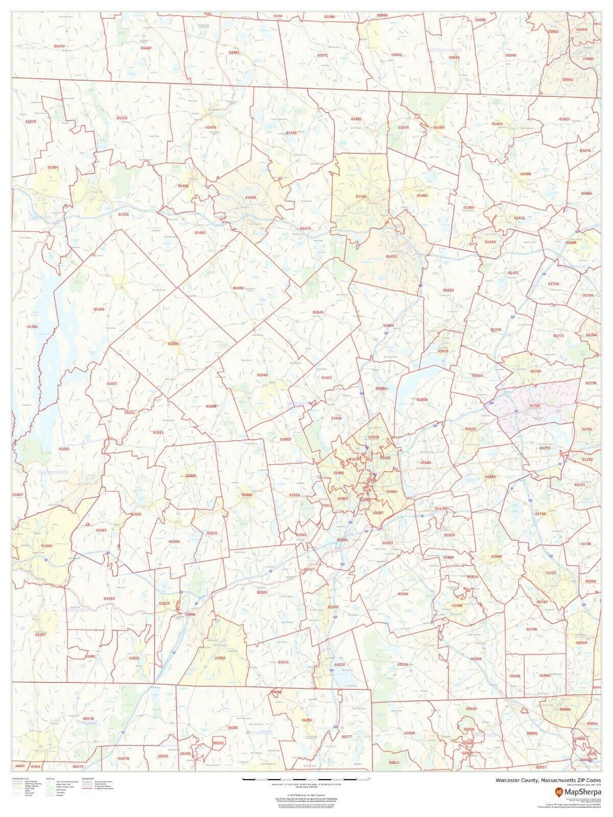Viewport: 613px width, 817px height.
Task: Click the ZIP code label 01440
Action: coord(250,197)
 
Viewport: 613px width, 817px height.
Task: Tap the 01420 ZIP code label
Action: coord(361,196)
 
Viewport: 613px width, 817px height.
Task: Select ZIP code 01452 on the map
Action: coord(238,288)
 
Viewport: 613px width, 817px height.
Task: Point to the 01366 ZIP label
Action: coord(99,309)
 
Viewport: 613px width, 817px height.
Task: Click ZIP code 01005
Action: coord(173,344)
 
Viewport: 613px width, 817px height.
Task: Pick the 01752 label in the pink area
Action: coord(535,405)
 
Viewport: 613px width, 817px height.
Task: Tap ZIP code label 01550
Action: coord(220,658)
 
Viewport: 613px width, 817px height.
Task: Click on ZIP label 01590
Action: coord(403,594)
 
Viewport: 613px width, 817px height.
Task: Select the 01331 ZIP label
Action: coord(123,214)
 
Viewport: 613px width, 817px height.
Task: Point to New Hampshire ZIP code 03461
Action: coord(234,52)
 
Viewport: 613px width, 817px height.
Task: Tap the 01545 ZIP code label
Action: coord(426,462)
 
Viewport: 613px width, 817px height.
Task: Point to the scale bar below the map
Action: coord(306,778)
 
